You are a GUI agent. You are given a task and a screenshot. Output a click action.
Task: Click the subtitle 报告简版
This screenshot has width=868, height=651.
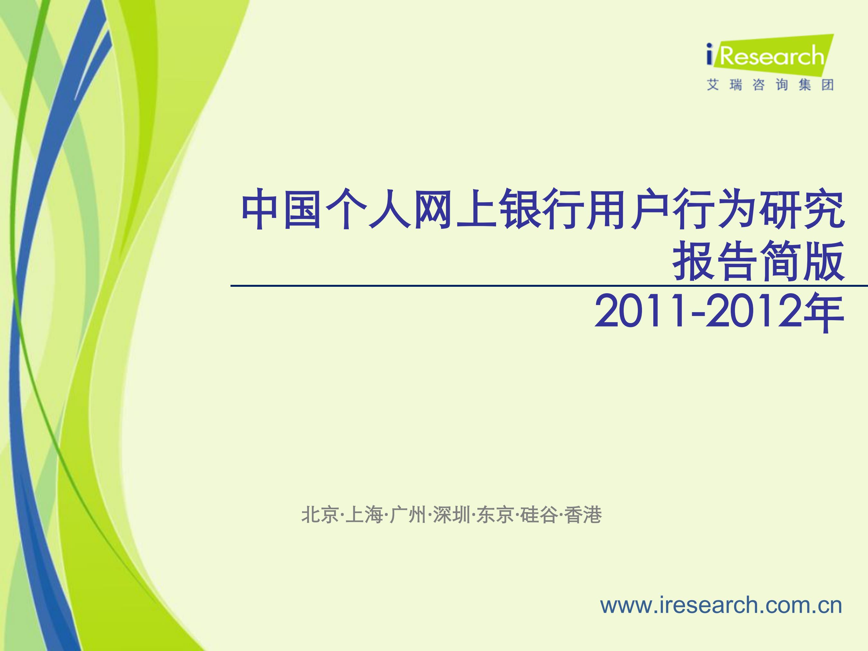(x=758, y=261)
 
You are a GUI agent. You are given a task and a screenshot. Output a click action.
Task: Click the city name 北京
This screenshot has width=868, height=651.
(x=320, y=515)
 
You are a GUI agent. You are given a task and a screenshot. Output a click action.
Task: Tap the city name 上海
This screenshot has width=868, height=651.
(x=364, y=515)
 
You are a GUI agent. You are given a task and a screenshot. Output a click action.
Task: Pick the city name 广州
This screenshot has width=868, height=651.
(x=408, y=515)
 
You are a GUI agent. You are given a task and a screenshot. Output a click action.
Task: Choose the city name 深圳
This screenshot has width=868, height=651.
(x=452, y=515)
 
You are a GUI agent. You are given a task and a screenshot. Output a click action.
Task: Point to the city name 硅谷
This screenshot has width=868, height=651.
(x=539, y=515)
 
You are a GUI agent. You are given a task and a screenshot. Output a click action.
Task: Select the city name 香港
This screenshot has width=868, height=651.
(x=583, y=515)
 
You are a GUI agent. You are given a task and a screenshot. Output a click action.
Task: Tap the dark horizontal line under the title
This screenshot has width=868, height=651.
(x=549, y=286)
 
